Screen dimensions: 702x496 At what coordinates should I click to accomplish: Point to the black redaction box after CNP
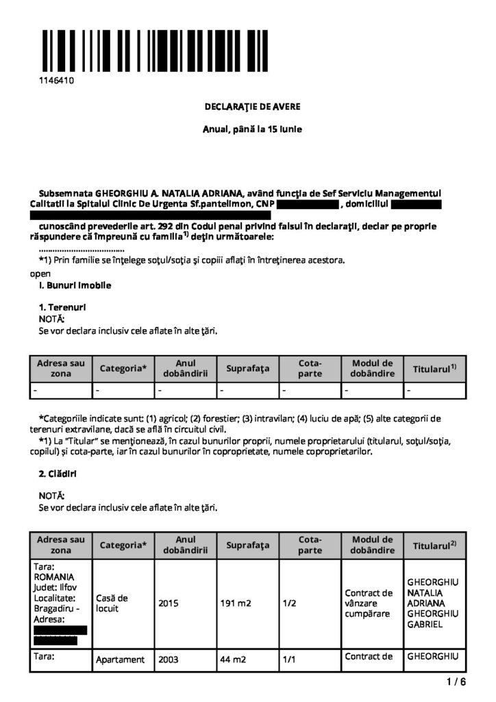(x=308, y=204)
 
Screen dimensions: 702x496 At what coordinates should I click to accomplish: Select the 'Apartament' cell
(x=121, y=659)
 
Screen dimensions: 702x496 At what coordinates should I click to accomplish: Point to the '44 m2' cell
(x=232, y=659)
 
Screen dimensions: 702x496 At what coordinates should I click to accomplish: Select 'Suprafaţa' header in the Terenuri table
(x=248, y=369)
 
